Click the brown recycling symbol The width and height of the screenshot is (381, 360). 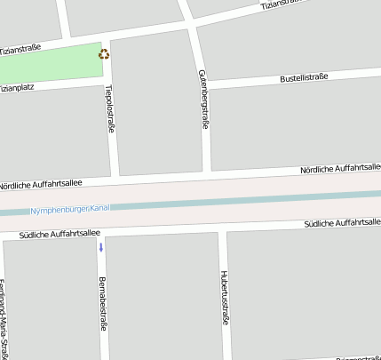tap(105, 54)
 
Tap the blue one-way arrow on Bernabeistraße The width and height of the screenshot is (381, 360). tap(101, 246)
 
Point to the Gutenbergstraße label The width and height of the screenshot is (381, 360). tap(203, 99)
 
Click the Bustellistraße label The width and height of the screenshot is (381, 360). tap(304, 78)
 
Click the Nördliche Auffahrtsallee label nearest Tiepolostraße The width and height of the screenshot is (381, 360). tap(41, 183)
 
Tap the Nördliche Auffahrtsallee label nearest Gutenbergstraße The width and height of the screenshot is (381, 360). tap(339, 167)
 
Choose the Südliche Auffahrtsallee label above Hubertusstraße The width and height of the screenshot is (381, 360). tap(341, 222)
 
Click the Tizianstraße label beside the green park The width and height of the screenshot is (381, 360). tap(20, 49)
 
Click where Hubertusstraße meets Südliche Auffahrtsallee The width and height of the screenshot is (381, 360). tap(221, 228)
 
